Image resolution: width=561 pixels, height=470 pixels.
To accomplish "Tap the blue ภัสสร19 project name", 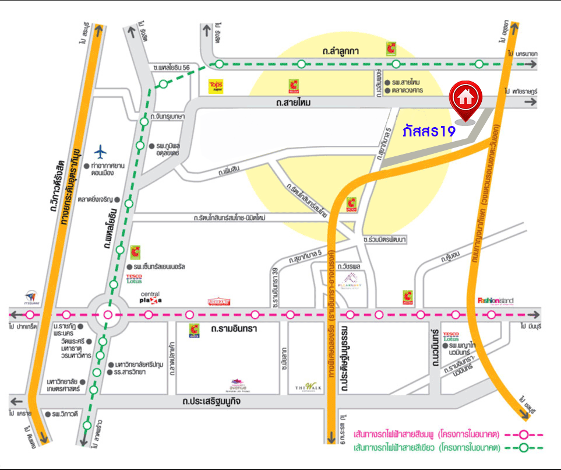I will click(x=428, y=131).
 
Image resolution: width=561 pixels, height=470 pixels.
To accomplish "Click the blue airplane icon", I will click(x=101, y=152).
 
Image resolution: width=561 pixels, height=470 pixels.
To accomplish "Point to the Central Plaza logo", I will click(x=150, y=298).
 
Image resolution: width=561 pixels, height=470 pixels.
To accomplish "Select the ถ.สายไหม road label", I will click(x=294, y=103).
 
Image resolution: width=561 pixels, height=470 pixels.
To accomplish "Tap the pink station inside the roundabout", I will click(x=107, y=315).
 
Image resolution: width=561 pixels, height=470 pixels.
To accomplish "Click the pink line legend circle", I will click(x=524, y=434).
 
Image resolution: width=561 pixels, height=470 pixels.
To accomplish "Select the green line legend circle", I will click(x=524, y=448).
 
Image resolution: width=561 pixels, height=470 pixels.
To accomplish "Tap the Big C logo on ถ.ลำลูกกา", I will click(x=391, y=48).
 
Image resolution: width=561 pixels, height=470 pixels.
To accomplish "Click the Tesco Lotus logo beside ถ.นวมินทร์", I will click(x=451, y=336).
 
